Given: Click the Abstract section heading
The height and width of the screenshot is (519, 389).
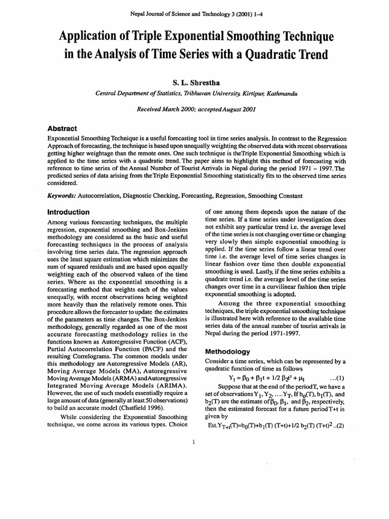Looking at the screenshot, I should [62, 129].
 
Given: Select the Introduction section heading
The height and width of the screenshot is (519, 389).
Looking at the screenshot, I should [68, 212].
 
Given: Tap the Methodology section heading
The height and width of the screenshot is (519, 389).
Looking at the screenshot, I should [226, 351].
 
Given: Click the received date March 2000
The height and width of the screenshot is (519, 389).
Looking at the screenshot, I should [169, 109].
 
